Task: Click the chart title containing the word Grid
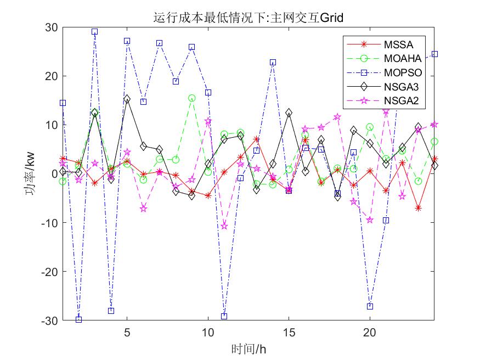click(249, 18)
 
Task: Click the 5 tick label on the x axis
click(127, 333)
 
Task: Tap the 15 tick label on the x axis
click(289, 333)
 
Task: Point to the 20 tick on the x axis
click(370, 333)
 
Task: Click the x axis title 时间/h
click(249, 349)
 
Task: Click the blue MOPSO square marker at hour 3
click(94, 32)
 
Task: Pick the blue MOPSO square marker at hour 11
click(224, 316)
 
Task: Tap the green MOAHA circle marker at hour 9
click(191, 98)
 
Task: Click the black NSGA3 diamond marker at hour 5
click(127, 99)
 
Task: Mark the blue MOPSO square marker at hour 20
click(370, 306)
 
